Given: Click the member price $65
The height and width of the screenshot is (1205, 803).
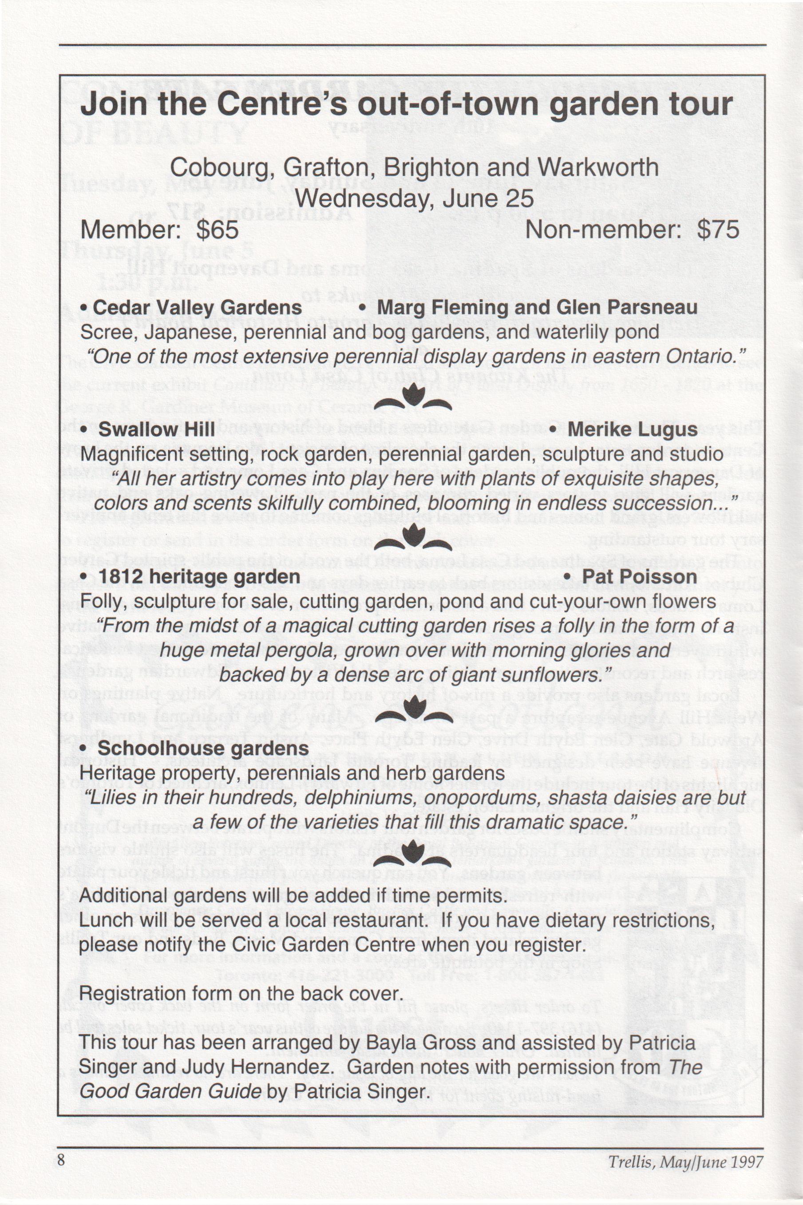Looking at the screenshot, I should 218,230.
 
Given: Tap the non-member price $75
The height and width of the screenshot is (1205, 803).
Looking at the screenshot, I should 718,230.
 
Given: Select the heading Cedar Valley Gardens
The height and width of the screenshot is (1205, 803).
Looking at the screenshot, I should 197,308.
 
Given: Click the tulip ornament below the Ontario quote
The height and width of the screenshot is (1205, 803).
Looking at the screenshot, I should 413,398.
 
